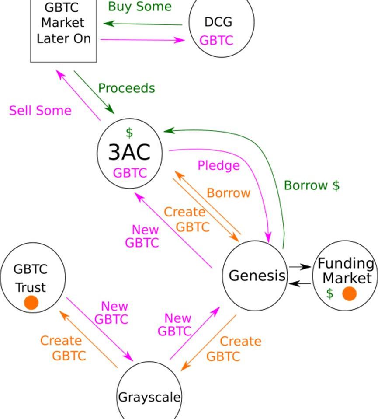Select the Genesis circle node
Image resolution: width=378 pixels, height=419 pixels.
click(x=256, y=276)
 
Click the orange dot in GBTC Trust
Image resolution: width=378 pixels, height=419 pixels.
click(x=31, y=303)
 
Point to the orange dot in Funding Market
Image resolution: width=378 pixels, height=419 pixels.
click(x=349, y=293)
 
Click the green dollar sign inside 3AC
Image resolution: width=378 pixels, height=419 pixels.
click(x=129, y=133)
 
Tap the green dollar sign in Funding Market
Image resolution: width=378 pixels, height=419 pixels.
click(x=329, y=293)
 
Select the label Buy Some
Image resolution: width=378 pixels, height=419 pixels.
click(x=139, y=7)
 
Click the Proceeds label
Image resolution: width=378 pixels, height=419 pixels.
click(x=126, y=88)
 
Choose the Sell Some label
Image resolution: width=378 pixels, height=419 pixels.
click(x=40, y=111)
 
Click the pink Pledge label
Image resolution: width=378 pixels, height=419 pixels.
click(x=218, y=166)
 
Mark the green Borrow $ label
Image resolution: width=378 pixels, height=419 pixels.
click(x=312, y=185)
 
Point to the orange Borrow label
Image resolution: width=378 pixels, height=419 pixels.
click(x=229, y=193)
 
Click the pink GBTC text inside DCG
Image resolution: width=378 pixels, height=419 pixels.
click(x=216, y=41)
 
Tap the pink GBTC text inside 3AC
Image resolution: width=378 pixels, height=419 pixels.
click(x=130, y=173)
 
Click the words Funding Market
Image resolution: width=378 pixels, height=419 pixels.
click(x=346, y=271)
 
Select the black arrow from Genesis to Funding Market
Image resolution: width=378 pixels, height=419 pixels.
click(x=300, y=266)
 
